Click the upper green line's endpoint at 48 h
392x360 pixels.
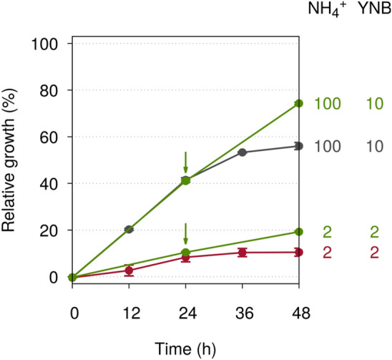pyautogui.click(x=299, y=104)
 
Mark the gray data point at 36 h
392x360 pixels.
pyautogui.click(x=242, y=152)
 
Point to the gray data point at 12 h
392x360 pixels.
pyautogui.click(x=129, y=229)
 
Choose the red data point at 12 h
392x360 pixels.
pyautogui.click(x=129, y=270)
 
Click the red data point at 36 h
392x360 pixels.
pyautogui.click(x=242, y=252)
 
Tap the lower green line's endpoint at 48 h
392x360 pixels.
pyautogui.click(x=299, y=232)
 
